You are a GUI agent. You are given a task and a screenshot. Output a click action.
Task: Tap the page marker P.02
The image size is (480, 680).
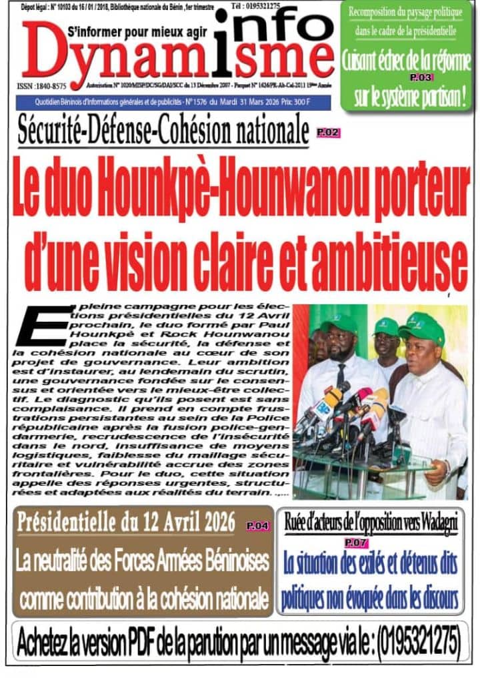(328, 133)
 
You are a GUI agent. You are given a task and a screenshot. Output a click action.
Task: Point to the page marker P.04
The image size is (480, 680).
(257, 526)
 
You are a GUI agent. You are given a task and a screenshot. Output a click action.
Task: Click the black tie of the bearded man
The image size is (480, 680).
(341, 374)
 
